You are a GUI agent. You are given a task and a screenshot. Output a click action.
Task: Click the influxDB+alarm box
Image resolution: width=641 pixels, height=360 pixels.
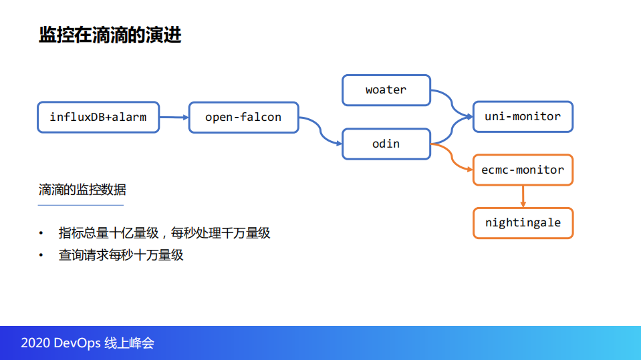click(x=98, y=118)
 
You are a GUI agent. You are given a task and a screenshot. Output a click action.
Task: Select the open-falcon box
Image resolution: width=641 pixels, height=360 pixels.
click(x=243, y=118)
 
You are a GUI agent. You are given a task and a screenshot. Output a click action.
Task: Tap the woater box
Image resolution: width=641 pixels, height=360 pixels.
click(x=386, y=90)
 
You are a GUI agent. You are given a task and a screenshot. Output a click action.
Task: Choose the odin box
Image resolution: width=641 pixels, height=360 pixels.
click(x=386, y=144)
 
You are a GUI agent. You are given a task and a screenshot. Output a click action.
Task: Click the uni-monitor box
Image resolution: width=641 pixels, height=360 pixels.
click(x=523, y=117)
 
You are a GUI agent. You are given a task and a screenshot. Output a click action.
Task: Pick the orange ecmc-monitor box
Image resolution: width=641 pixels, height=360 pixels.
click(x=523, y=170)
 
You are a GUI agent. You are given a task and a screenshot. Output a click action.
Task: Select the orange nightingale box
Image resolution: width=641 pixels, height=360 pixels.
click(x=523, y=223)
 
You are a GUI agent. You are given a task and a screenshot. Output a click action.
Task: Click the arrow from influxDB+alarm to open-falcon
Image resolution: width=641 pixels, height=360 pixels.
click(x=174, y=118)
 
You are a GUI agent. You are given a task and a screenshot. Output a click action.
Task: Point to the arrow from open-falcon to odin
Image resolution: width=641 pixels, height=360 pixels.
click(x=320, y=131)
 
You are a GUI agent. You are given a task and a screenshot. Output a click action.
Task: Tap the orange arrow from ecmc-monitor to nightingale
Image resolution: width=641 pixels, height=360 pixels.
click(x=523, y=196)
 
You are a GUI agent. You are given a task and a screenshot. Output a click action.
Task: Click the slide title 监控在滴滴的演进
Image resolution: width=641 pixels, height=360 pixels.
click(x=110, y=35)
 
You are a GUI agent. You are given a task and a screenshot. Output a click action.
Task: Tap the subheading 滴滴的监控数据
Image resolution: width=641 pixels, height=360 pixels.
click(x=82, y=190)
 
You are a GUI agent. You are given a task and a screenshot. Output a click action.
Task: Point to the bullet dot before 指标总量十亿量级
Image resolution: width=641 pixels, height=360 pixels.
click(x=41, y=234)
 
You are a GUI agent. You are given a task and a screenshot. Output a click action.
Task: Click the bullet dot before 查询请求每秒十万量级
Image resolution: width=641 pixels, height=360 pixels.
click(x=41, y=255)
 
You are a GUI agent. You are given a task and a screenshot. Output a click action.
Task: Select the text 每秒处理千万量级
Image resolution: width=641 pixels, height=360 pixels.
click(x=221, y=233)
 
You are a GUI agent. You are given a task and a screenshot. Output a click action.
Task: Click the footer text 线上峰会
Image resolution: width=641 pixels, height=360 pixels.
click(x=130, y=343)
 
